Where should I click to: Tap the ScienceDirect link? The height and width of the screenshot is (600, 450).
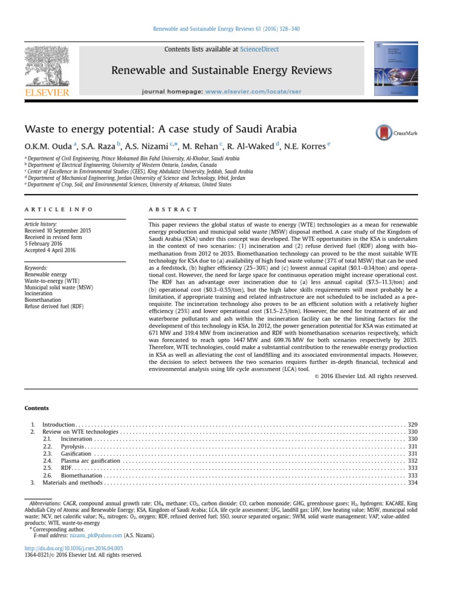(262, 50)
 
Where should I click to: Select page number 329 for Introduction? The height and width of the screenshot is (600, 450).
(412, 424)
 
